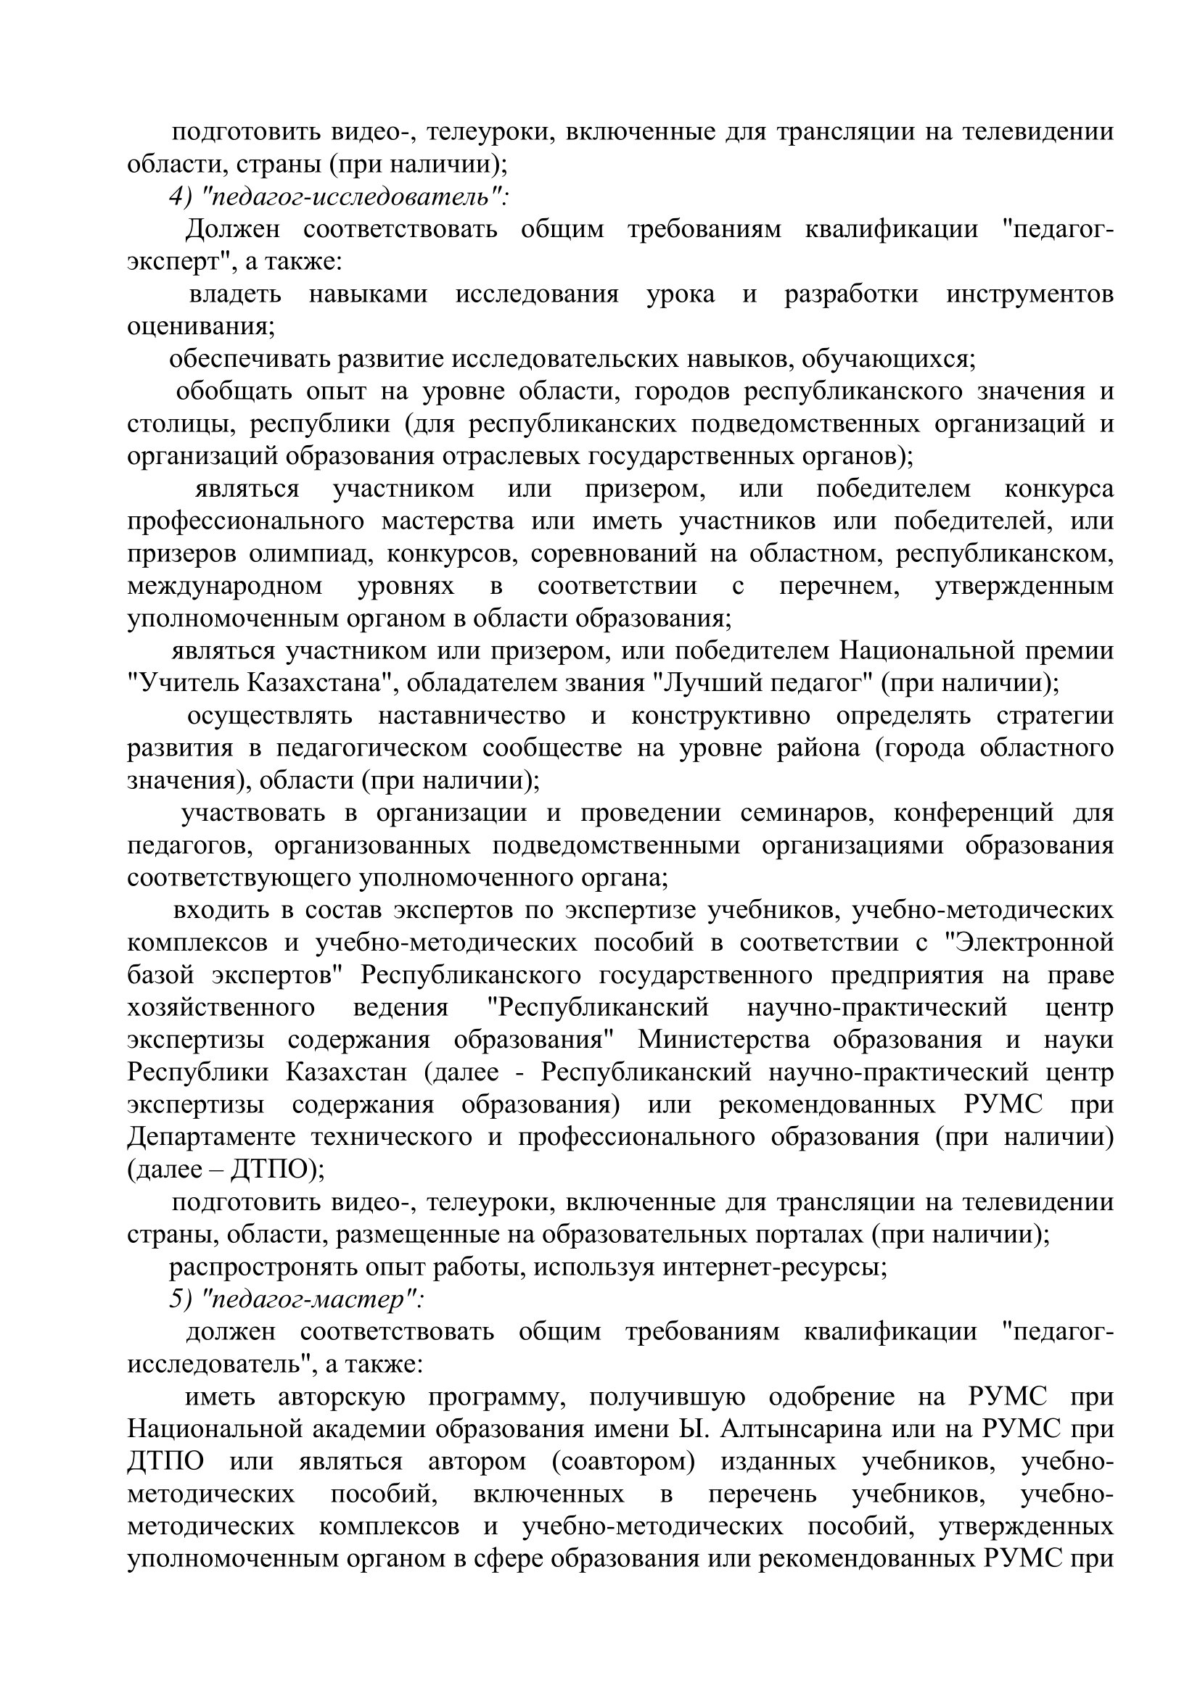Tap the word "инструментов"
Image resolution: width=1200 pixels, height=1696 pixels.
(1030, 294)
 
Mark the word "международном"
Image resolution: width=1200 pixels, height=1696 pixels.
(225, 586)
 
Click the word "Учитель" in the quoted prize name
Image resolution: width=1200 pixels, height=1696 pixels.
(185, 683)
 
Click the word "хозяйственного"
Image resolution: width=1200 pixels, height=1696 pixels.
(221, 1008)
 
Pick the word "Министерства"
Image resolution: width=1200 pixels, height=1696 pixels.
(723, 1040)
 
